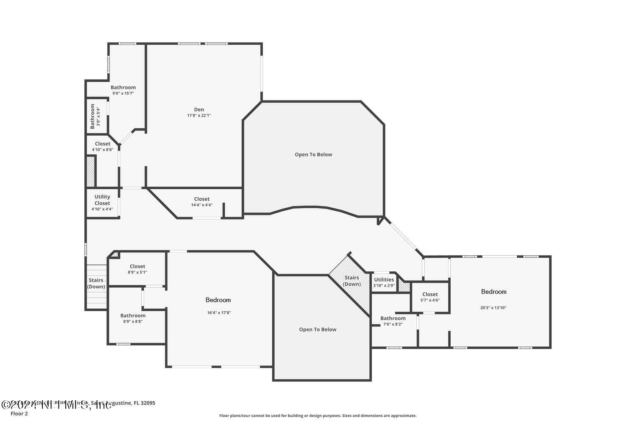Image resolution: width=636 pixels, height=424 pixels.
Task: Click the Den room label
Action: pos(199,109)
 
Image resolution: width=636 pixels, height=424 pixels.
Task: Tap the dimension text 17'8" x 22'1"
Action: pos(199,115)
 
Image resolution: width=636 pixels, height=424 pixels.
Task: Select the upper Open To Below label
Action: pos(313,154)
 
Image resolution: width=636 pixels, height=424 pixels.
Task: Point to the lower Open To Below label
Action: pos(318,329)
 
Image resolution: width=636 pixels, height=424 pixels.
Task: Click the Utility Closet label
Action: pos(102,200)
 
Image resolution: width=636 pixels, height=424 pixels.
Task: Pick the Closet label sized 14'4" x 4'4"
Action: pos(202,199)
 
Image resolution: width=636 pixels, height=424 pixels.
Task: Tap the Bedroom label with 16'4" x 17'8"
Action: pos(218,300)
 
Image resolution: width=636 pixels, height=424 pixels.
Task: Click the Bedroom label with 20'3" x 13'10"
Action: pos(494,291)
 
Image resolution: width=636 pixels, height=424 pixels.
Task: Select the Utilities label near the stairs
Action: pos(384,279)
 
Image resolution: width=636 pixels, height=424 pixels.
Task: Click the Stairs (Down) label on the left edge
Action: pos(96,283)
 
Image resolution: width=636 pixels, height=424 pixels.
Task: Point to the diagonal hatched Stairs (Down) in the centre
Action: pos(351,281)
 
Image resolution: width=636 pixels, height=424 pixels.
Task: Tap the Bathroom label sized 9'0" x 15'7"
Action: pos(123,87)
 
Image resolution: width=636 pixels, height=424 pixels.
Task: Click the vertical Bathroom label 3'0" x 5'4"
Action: pos(92,117)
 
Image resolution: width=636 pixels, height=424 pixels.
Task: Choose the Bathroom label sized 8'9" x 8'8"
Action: pos(133,315)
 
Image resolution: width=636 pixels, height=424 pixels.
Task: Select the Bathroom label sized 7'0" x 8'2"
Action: pos(393,318)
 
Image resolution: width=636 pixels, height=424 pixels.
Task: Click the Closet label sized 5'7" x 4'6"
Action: pos(430,294)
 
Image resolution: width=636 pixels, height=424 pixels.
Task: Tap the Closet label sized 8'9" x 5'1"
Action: pos(137,266)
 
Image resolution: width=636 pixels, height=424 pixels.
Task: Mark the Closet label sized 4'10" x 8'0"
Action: pos(103,144)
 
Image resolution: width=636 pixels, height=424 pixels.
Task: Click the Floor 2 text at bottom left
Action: pos(19,413)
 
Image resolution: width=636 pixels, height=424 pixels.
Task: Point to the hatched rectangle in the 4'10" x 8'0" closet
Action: pos(91,171)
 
